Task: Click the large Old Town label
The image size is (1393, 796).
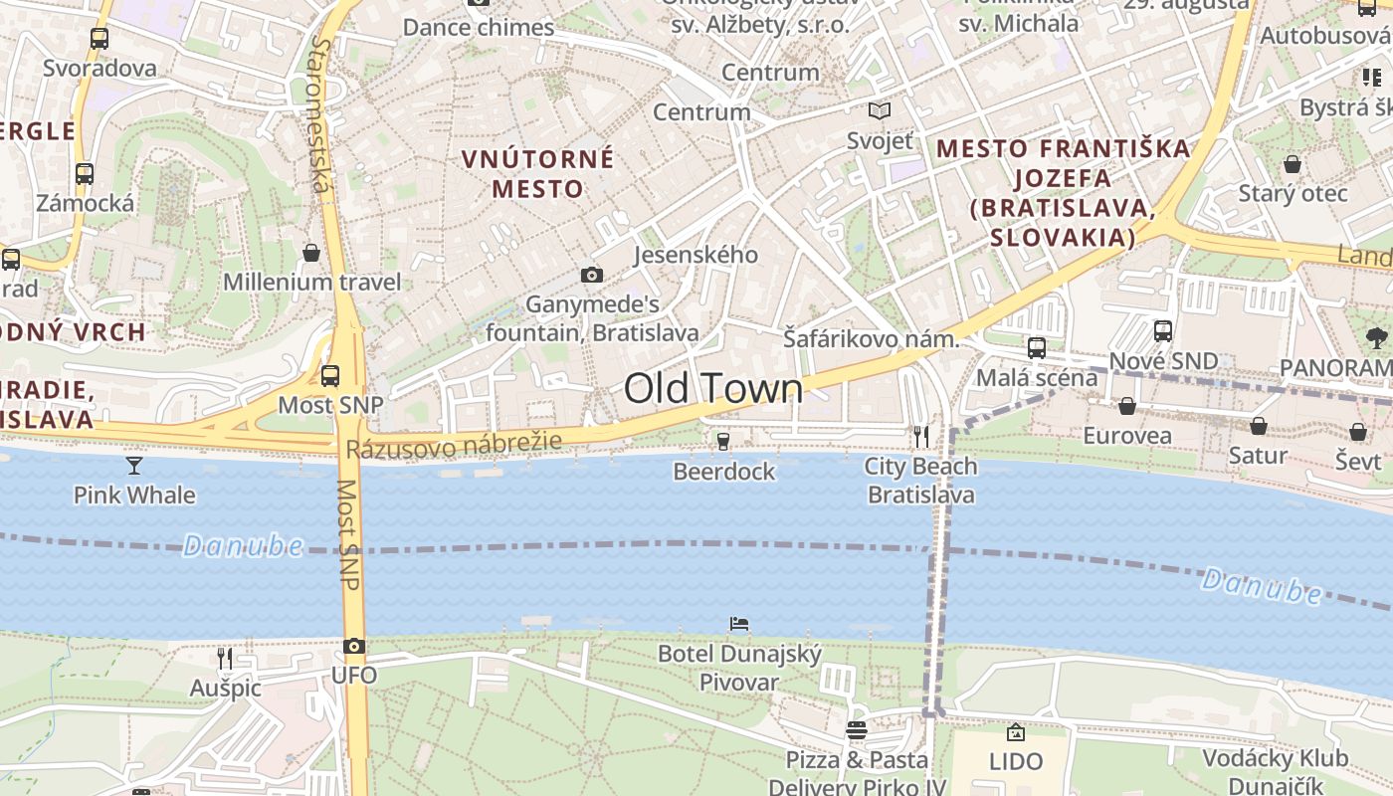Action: [713, 389]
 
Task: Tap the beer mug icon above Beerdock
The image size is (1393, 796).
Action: [723, 441]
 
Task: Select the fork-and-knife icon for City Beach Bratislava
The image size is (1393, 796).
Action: [921, 436]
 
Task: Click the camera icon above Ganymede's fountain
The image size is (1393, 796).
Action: [592, 275]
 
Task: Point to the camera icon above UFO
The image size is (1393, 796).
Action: [354, 646]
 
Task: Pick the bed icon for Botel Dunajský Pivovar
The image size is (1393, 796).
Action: [739, 624]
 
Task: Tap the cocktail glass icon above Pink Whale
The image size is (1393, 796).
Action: [134, 465]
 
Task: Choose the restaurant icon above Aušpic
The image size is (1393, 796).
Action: [225, 658]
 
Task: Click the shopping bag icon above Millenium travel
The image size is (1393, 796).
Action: [311, 253]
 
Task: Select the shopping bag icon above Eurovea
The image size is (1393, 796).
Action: [1127, 406]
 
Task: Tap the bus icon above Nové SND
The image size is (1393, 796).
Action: [1163, 330]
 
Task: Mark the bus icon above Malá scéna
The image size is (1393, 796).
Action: [1037, 347]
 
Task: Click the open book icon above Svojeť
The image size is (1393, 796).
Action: [880, 110]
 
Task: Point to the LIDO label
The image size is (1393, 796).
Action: [1016, 762]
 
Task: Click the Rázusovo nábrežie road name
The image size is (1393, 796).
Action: [454, 445]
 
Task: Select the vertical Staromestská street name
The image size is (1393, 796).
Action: [320, 114]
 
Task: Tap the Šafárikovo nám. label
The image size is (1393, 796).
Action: [871, 338]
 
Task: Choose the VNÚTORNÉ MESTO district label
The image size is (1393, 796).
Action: [537, 173]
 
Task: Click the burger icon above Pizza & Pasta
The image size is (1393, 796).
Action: [856, 730]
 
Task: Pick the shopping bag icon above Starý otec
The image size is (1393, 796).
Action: [1293, 164]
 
